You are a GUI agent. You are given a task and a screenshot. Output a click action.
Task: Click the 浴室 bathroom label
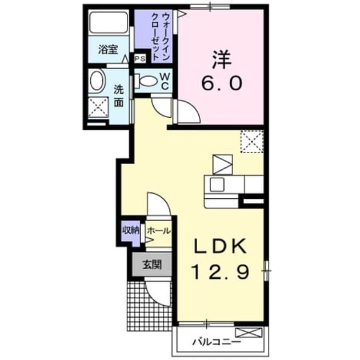(x=108, y=50)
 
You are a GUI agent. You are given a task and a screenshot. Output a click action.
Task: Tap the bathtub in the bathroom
(x=109, y=22)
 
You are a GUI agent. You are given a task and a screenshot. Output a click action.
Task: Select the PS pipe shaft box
(x=140, y=58)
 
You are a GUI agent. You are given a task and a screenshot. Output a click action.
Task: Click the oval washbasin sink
(x=97, y=81)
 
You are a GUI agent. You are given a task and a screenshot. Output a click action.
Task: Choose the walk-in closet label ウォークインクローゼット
(x=161, y=37)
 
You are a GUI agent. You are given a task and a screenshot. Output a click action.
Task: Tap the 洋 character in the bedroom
(x=221, y=59)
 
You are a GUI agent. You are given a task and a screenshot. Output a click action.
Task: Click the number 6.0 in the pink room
(x=222, y=83)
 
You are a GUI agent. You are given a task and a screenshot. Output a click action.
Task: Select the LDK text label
(x=221, y=246)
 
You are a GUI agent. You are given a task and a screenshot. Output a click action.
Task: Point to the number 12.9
(x=221, y=271)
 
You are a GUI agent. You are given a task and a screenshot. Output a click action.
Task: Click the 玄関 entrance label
(x=152, y=265)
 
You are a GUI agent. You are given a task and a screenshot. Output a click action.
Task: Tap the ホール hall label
(x=159, y=231)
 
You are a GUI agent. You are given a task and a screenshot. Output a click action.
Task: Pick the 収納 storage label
(x=131, y=230)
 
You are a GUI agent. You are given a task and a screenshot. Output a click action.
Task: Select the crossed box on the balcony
(x=249, y=333)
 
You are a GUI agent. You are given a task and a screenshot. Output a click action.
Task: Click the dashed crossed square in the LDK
(x=252, y=142)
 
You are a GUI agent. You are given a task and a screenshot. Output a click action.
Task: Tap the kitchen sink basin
(x=217, y=185)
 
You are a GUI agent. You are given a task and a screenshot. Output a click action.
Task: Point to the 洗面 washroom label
(x=119, y=96)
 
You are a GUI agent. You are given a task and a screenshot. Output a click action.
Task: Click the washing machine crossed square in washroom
(x=98, y=107)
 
